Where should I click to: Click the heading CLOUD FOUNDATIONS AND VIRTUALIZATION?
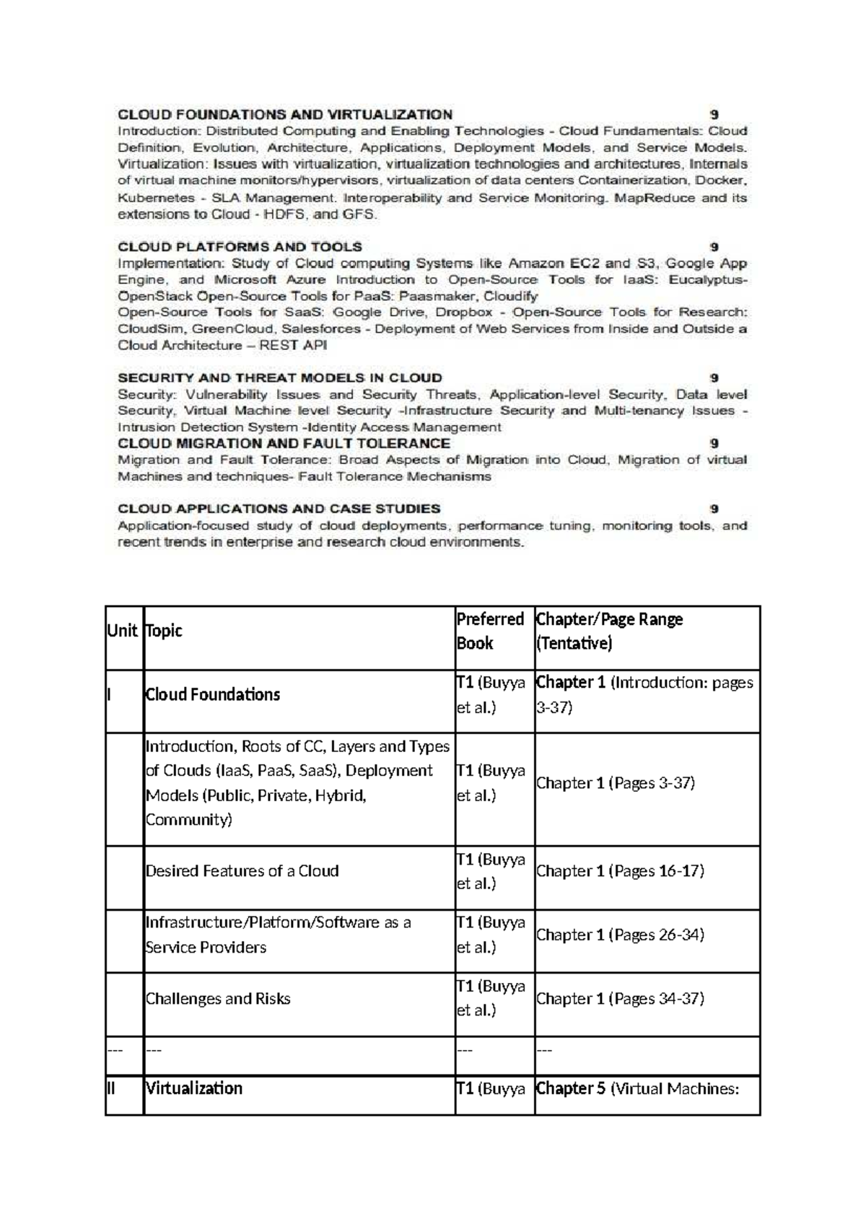(285, 114)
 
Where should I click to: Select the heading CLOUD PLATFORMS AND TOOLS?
(240, 247)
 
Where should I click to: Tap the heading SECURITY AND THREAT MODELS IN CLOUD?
(279, 377)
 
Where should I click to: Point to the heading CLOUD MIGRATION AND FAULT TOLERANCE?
(284, 443)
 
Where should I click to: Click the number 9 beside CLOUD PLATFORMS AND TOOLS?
(714, 247)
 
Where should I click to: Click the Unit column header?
(121, 631)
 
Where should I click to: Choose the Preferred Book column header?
(489, 631)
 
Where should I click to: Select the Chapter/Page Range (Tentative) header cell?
(609, 631)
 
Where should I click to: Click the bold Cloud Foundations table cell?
(212, 695)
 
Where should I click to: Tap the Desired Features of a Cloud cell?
(242, 871)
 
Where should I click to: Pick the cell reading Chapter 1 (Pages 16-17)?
(620, 871)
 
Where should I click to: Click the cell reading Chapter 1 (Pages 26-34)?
(620, 935)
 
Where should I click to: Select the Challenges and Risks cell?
(218, 999)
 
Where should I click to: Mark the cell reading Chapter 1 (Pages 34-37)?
(620, 999)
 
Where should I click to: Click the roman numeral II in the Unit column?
(111, 1088)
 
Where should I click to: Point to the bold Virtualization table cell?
(193, 1088)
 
